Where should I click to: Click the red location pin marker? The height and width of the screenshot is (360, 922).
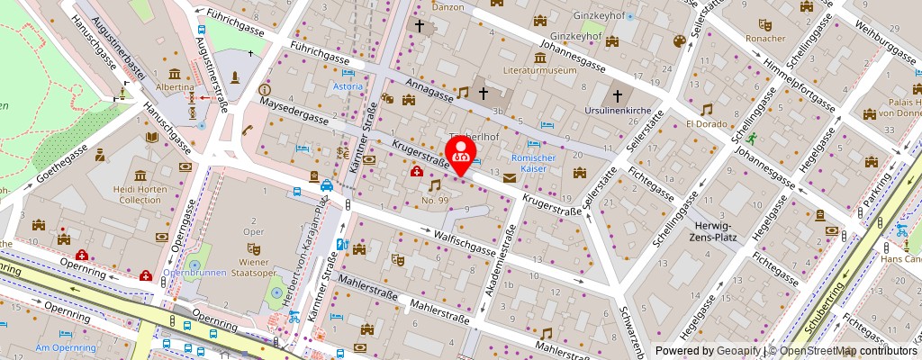click(462, 150)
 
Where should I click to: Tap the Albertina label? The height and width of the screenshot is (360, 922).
click(175, 87)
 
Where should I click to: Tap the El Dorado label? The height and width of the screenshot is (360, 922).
click(705, 123)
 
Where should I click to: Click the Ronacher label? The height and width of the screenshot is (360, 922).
click(766, 39)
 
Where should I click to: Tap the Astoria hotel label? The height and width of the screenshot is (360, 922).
click(348, 86)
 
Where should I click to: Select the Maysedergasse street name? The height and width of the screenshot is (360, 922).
click(293, 116)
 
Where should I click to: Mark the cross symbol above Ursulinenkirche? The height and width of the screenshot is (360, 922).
click(618, 95)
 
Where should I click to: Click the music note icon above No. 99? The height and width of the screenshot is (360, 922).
click(435, 184)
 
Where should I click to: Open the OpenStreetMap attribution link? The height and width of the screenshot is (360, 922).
click(818, 351)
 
